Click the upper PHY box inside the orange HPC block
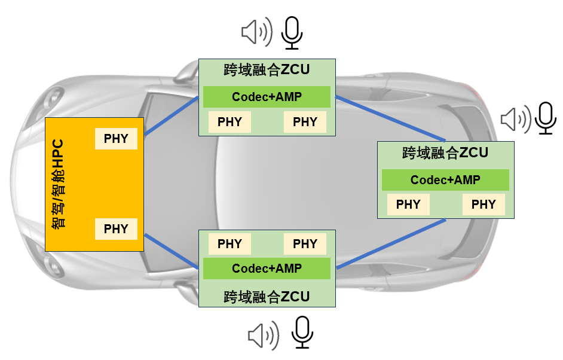click(116, 139)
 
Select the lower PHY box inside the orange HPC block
click(116, 229)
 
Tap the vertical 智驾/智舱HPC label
click(58, 184)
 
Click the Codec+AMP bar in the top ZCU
click(267, 97)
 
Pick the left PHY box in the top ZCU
click(230, 122)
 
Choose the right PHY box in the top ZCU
click(305, 122)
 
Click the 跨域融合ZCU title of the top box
click(267, 70)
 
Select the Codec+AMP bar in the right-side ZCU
click(445, 180)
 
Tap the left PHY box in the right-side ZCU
click(408, 205)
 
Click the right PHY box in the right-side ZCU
click(484, 205)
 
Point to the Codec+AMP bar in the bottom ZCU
click(267, 269)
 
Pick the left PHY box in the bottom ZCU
click(230, 244)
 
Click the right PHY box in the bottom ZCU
click(305, 244)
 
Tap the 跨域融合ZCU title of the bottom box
click(267, 297)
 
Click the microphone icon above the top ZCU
click(292, 33)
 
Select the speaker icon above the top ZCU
click(257, 32)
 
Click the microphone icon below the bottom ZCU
click(302, 332)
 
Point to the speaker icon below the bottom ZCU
click(264, 335)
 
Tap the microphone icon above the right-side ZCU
click(546, 118)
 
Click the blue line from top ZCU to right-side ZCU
click(390, 118)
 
